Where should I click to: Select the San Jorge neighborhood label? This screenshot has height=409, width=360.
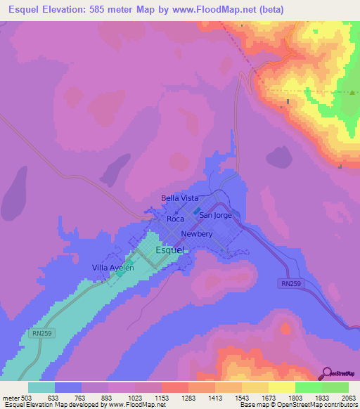tap(215, 216)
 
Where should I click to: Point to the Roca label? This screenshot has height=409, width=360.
tap(176, 219)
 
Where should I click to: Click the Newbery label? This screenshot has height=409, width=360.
tap(196, 234)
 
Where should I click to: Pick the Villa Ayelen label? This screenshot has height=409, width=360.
tap(113, 268)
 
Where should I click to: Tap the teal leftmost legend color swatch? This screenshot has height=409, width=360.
tap(41, 387)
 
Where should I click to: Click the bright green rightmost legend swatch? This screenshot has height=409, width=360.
tap(335, 387)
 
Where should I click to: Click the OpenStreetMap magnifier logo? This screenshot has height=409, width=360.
tap(326, 374)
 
